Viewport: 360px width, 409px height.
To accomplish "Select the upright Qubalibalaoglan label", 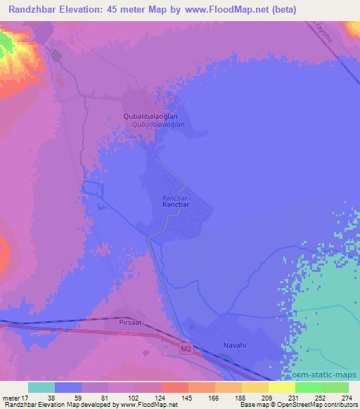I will [x=150, y=117].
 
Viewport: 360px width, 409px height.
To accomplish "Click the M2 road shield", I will [x=185, y=347].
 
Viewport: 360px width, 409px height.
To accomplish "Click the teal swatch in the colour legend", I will [x=41, y=387].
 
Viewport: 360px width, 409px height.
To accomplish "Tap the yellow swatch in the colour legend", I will [x=282, y=387].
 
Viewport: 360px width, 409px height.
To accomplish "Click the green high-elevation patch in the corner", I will [x=6, y=44].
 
